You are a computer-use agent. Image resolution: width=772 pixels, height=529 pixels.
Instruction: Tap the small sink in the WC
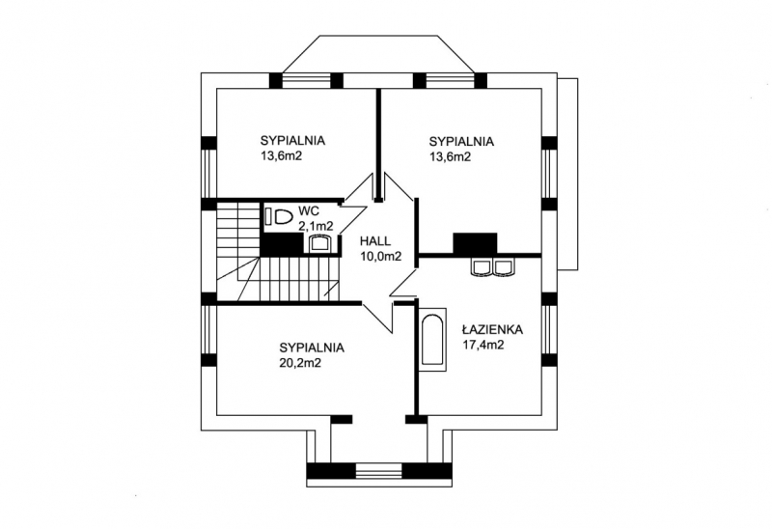(x=319, y=243)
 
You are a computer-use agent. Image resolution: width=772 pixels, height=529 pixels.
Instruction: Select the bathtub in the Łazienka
(x=433, y=340)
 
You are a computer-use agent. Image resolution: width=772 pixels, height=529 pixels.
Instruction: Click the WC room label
(x=309, y=211)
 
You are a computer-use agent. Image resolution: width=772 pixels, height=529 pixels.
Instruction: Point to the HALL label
(x=375, y=241)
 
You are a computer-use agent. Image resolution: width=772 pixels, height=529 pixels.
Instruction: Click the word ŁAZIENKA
(x=492, y=329)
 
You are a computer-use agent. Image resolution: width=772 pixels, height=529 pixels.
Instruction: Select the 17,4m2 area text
(x=483, y=345)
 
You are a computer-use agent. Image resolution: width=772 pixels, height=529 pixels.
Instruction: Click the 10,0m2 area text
(x=380, y=257)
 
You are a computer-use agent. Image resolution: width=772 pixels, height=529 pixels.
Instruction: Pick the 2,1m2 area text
(x=317, y=226)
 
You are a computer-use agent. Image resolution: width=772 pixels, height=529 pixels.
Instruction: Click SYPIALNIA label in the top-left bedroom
(x=292, y=140)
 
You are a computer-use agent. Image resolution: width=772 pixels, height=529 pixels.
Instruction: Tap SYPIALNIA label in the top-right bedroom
(x=461, y=141)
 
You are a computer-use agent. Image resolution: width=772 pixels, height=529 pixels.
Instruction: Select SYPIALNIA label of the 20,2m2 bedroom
(x=312, y=348)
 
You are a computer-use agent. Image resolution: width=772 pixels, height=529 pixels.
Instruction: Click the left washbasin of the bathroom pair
(x=482, y=266)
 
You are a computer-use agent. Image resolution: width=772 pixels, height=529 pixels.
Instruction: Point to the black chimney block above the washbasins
(x=475, y=243)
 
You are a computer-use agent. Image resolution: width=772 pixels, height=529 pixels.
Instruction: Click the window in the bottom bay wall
(x=378, y=471)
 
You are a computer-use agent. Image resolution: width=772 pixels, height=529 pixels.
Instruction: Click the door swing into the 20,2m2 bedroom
(x=379, y=318)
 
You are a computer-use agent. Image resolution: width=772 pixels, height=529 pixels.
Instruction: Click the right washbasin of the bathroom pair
(x=503, y=266)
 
